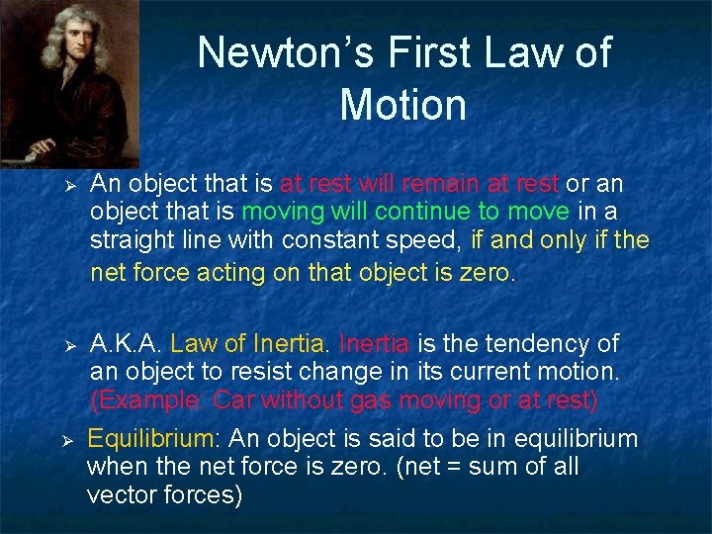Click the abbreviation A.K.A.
(126, 344)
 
